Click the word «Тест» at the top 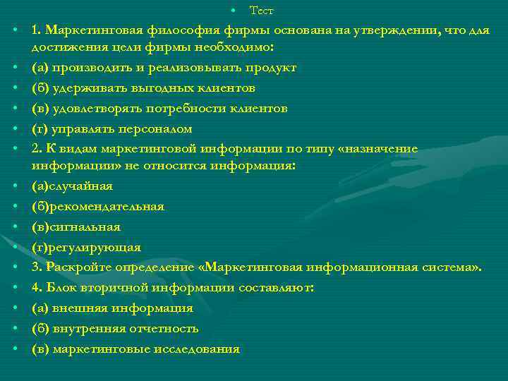click(x=262, y=11)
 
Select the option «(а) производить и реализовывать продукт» click(x=164, y=68)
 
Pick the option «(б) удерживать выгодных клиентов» click(x=143, y=88)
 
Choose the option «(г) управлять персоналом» click(x=111, y=129)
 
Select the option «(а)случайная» click(x=72, y=186)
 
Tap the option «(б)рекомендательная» click(x=97, y=206)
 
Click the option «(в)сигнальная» click(x=75, y=226)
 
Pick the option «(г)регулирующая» click(x=86, y=247)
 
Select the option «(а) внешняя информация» click(x=112, y=308)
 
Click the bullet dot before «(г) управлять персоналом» click(x=14, y=129)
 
